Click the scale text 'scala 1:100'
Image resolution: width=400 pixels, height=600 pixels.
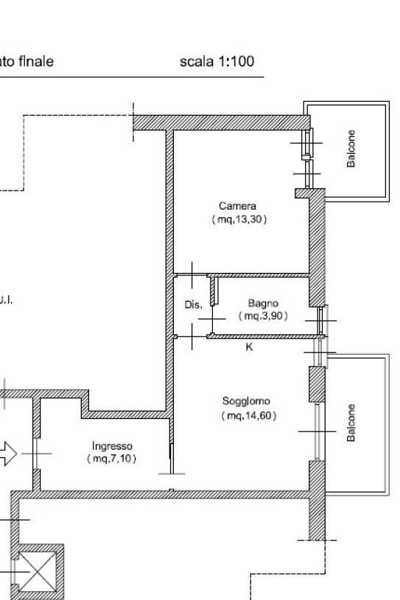pyautogui.click(x=217, y=62)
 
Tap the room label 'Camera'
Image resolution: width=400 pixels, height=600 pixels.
pyautogui.click(x=237, y=206)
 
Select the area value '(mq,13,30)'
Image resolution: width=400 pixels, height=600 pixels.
pyautogui.click(x=237, y=219)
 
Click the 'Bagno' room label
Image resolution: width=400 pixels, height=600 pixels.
pyautogui.click(x=263, y=303)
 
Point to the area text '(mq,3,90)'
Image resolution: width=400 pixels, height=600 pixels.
pyautogui.click(x=263, y=315)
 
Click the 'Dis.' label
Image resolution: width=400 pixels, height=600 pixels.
pyautogui.click(x=192, y=305)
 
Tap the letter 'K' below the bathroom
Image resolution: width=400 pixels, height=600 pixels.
pyautogui.click(x=249, y=347)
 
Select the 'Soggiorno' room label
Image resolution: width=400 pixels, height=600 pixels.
pyautogui.click(x=246, y=401)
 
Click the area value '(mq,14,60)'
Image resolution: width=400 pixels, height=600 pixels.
pyautogui.click(x=246, y=416)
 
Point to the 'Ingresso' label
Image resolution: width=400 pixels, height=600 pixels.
pyautogui.click(x=112, y=445)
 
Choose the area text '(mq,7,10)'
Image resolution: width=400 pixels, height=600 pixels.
pyautogui.click(x=112, y=459)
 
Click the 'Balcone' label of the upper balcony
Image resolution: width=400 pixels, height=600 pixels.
pyautogui.click(x=351, y=149)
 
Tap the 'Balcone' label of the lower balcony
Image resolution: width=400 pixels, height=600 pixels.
pyautogui.click(x=351, y=423)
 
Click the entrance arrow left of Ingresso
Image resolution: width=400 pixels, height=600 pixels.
pyautogui.click(x=7, y=453)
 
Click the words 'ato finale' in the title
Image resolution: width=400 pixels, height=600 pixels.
pyautogui.click(x=27, y=62)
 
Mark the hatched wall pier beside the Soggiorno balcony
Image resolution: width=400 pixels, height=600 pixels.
pyautogui.click(x=316, y=384)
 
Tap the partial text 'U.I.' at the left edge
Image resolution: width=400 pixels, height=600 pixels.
pyautogui.click(x=6, y=300)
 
